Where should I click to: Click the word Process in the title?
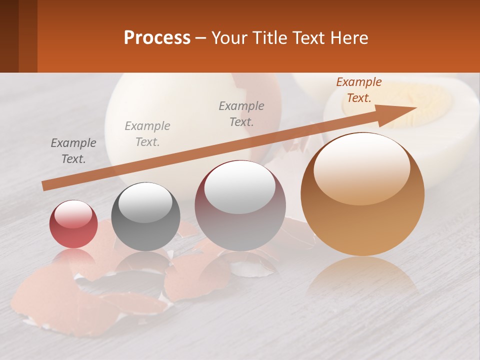(x=157, y=37)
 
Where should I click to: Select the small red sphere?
(x=73, y=224)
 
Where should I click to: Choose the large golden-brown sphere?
(x=362, y=200)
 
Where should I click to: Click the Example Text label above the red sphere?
(x=73, y=151)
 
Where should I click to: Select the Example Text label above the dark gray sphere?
(x=147, y=134)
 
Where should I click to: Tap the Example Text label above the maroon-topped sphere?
(x=241, y=113)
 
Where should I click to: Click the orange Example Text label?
(x=359, y=90)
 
